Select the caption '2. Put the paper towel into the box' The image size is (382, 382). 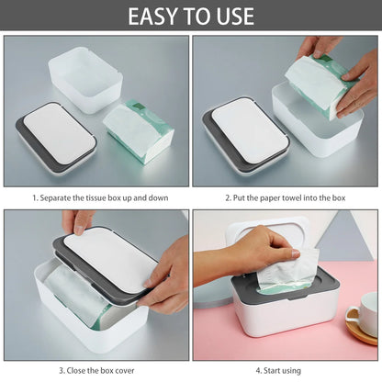(x=286, y=197)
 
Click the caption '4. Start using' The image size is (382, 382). (x=286, y=370)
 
